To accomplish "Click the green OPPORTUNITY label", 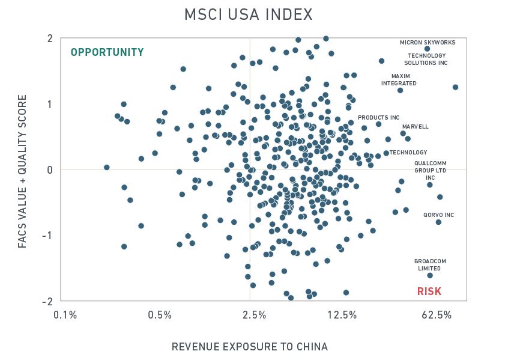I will tap(107, 52).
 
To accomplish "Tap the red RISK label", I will tap(429, 292).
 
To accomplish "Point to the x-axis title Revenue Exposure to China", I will tap(250, 347).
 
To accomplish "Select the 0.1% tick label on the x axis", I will tap(65, 315).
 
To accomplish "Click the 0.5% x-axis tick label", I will tap(160, 315).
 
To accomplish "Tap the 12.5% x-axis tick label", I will tap(345, 315).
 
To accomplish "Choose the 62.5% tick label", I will tap(437, 315).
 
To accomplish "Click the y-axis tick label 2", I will tap(49, 39).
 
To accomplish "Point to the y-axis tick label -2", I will tap(47, 301).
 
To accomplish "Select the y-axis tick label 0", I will tap(49, 170).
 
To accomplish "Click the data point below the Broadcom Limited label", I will tap(430, 275).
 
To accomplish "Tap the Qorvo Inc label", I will tap(438, 215).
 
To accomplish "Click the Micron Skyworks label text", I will tap(428, 43).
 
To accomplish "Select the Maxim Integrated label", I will tap(399, 80).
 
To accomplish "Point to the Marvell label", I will tap(416, 127).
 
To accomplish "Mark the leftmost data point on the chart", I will tap(107, 167).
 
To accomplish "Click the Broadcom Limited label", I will tap(430, 264).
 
